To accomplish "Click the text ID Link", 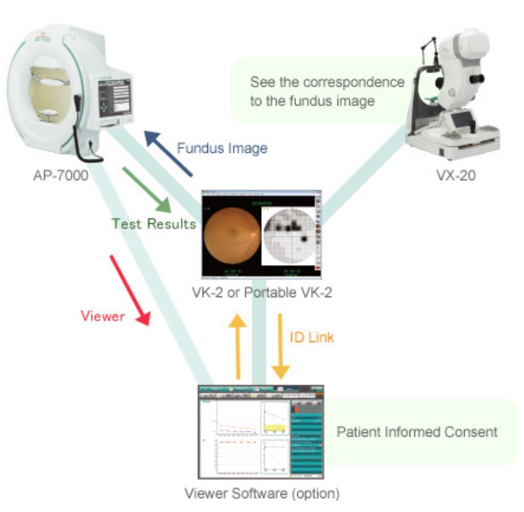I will [x=312, y=337].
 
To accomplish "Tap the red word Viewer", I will [x=103, y=316].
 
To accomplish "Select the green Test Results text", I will [x=154, y=223].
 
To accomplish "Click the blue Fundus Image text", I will [x=222, y=148].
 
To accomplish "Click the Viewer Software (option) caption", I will [x=261, y=493].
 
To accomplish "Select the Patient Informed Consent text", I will [x=417, y=431].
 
